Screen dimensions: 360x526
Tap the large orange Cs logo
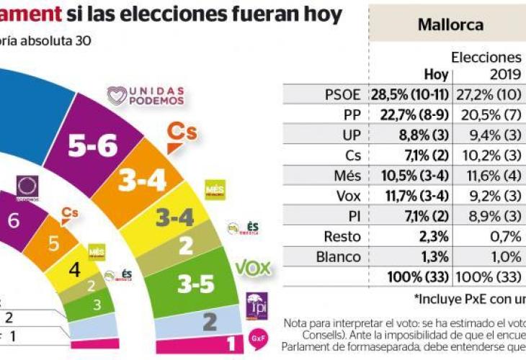(x=182, y=135)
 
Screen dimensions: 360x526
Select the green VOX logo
(x=253, y=269)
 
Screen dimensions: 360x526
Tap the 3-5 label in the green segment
(x=196, y=285)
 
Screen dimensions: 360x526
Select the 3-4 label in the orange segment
(x=142, y=183)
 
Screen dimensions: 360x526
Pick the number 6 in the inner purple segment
(x=13, y=222)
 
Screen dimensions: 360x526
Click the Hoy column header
(x=436, y=74)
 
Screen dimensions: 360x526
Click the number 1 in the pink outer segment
(x=231, y=343)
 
